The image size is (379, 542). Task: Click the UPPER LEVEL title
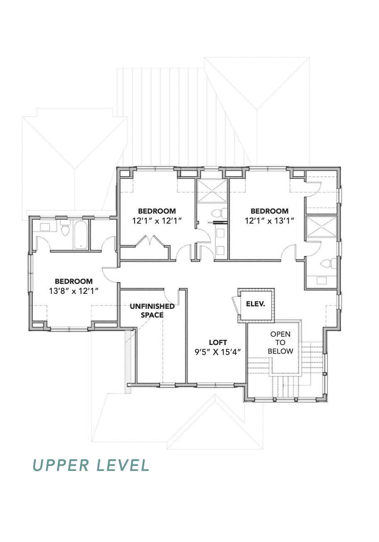[91, 465]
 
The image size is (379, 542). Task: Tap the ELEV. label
[256, 304]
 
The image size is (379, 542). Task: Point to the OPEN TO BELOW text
[281, 342]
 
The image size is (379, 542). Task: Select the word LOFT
[218, 342]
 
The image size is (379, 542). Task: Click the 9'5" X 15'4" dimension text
[218, 352]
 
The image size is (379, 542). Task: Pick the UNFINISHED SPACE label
[152, 310]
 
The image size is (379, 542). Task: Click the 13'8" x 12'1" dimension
[74, 291]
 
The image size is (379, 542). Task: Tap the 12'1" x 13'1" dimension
[269, 221]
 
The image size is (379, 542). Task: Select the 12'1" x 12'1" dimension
[157, 221]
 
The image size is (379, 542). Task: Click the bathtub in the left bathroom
[81, 234]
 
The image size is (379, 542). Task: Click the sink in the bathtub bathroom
[45, 227]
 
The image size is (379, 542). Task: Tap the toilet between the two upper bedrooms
[219, 214]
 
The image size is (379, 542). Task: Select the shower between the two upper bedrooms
[212, 191]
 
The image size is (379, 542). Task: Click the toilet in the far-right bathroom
[328, 264]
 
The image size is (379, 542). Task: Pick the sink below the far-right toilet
[321, 281]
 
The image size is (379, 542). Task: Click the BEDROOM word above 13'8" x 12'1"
[74, 281]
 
